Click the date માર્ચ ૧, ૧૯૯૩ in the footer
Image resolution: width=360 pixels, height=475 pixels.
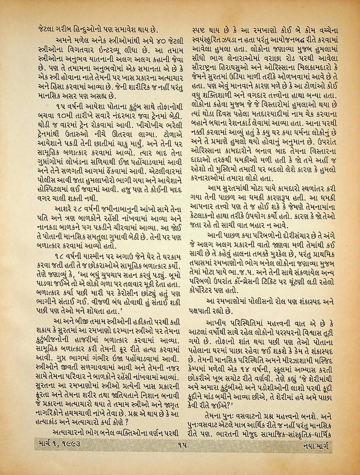tap(58, 444)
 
